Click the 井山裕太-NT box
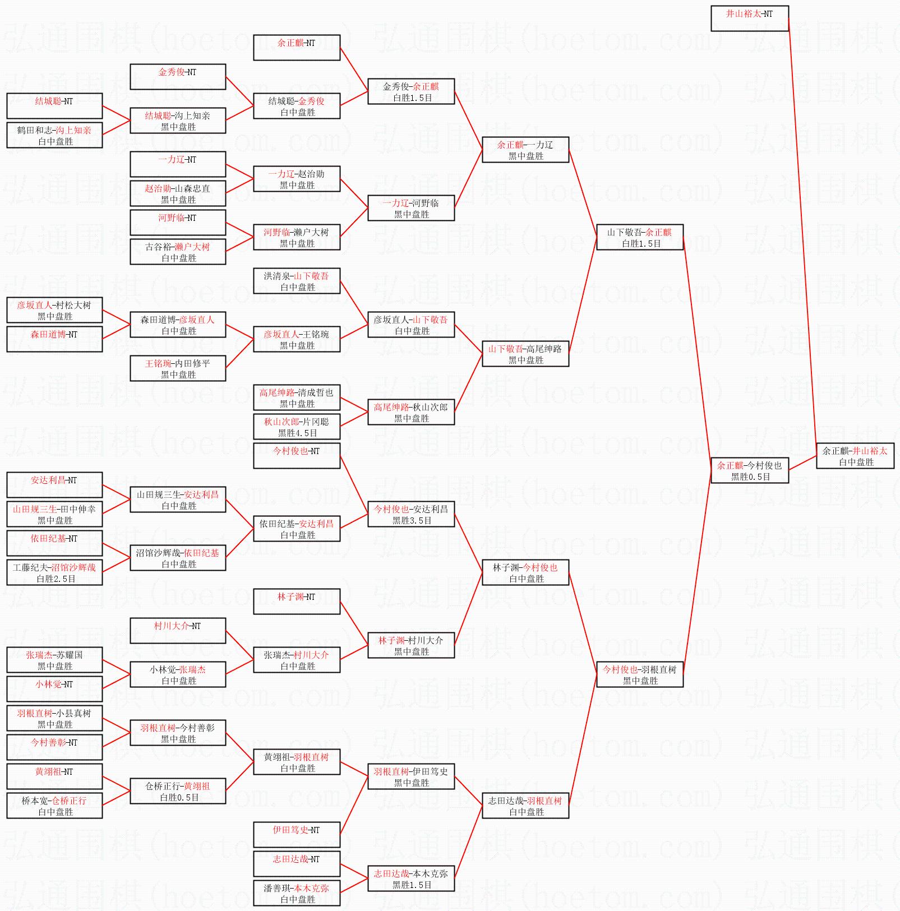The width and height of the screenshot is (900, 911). pos(749,18)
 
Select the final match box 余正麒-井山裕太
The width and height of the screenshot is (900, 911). pos(855,456)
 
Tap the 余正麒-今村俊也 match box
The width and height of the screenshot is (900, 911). pos(749,470)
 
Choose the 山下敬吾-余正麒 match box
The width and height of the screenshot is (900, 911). pos(639,237)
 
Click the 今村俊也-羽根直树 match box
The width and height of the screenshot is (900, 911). pos(639,674)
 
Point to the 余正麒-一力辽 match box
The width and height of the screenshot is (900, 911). pos(525,150)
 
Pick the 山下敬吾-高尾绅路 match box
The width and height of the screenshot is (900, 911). pos(525,354)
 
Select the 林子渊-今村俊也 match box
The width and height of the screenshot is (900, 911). pos(525,572)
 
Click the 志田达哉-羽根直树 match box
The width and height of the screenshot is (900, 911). pos(525,806)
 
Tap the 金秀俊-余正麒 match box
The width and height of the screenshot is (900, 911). pos(411,91)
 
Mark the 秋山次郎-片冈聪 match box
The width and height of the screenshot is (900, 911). pos(297,427)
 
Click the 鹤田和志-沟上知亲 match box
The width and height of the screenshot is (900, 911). pos(54,135)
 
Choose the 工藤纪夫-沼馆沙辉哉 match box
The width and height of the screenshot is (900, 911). pos(54,572)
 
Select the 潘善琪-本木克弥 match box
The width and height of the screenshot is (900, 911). pos(297,893)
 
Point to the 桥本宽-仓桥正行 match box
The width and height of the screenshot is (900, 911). pos(54,806)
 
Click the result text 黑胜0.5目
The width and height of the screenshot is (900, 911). pos(750,477)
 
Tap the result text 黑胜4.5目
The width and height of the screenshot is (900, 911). pos(297,433)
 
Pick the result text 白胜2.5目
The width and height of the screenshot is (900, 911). pos(56,579)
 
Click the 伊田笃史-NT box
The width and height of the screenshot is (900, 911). pos(297,835)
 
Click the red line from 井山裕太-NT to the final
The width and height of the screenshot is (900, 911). pos(802,235)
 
